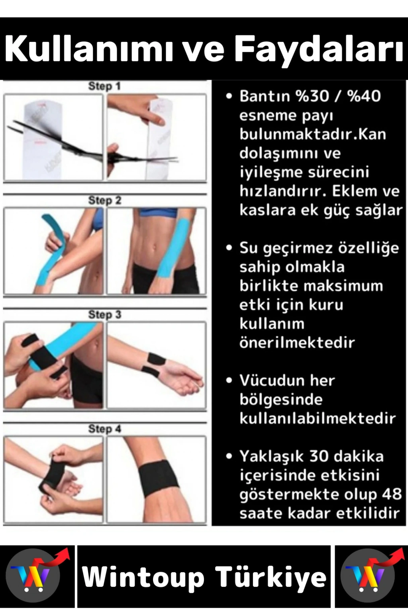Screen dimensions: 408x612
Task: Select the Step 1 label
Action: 104,86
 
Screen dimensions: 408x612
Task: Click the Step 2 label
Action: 104,200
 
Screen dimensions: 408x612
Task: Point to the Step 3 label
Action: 104,315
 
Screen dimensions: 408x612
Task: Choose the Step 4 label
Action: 104,429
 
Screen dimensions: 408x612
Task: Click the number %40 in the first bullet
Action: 365,96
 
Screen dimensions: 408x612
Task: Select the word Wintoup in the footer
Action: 143,579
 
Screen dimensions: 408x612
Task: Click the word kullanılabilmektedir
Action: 318,418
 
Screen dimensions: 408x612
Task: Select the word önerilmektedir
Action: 297,342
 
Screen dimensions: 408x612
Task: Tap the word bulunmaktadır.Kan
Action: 313,134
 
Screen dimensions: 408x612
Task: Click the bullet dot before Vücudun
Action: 229,381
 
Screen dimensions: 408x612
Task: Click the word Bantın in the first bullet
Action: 265,96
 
